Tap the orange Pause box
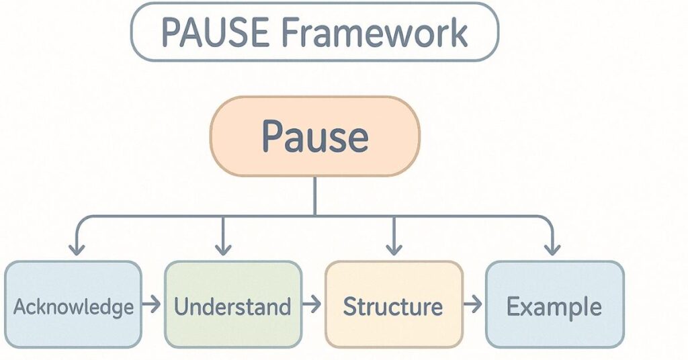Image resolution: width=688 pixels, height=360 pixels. point(314,136)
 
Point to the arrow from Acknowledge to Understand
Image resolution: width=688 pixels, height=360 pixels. point(152,306)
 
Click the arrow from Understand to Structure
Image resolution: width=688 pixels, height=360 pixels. point(312,306)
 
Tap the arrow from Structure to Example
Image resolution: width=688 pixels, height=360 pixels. point(473,306)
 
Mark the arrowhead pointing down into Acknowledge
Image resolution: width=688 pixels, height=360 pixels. point(77,249)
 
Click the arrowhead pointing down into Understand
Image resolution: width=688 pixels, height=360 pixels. point(222,249)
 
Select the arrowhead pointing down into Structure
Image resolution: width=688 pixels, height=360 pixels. point(394,249)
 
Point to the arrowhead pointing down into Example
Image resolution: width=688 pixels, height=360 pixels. point(552,249)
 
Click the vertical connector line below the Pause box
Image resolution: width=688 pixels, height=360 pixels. point(314,196)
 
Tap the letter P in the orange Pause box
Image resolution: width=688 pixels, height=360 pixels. point(271,136)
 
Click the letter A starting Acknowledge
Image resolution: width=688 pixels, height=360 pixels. point(20,307)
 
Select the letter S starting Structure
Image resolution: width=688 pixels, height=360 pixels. point(350,307)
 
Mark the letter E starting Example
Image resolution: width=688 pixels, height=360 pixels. point(513,307)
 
